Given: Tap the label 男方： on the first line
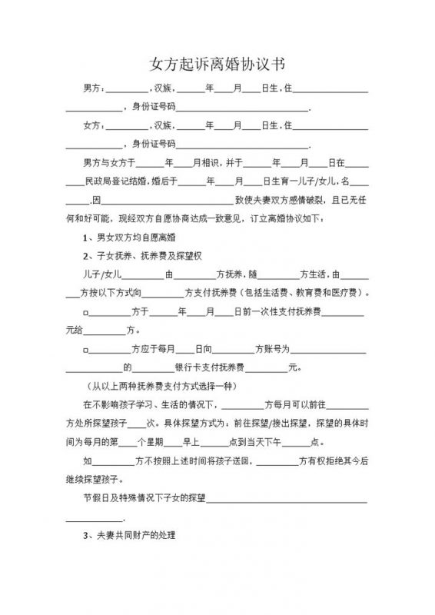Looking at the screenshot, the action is pyautogui.click(x=94, y=90).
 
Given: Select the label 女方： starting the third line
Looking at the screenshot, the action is pyautogui.click(x=94, y=125).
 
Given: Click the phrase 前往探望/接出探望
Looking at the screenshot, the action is pyautogui.click(x=263, y=424).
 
